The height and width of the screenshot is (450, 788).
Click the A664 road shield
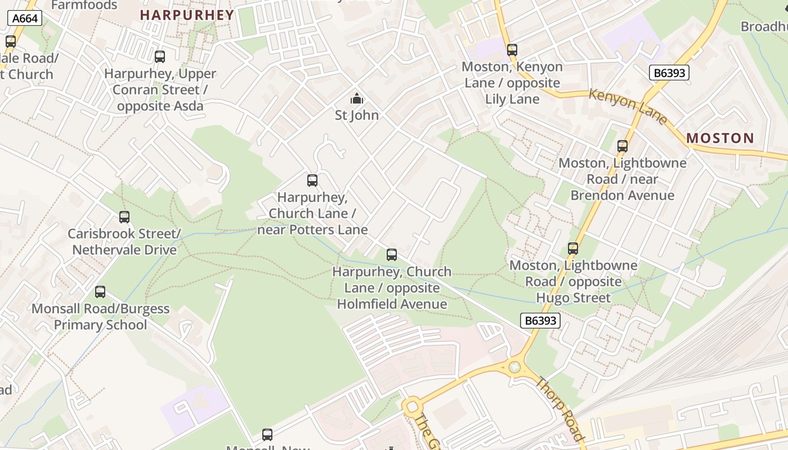click(x=25, y=19)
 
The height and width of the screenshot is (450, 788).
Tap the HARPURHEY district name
click(x=187, y=15)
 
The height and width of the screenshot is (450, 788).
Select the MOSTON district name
click(x=720, y=138)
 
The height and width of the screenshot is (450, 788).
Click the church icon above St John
click(x=356, y=99)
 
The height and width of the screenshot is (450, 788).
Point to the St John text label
click(x=357, y=115)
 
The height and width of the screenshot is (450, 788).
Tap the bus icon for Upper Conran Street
click(x=160, y=56)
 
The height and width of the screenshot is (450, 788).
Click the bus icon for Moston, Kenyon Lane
click(x=512, y=49)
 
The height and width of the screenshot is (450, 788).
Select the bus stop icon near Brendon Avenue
click(x=622, y=146)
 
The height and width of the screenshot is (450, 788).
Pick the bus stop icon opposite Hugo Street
click(x=572, y=248)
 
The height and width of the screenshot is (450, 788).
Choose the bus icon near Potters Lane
click(x=312, y=181)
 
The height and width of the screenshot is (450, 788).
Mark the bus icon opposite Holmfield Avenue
click(x=392, y=255)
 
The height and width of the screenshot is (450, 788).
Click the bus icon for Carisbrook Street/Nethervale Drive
click(x=124, y=217)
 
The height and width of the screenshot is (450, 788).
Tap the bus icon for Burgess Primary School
click(x=100, y=292)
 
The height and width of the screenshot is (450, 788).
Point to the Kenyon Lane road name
click(x=628, y=106)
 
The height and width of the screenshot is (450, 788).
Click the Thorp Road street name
click(x=559, y=408)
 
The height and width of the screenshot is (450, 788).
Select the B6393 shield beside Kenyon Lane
click(x=669, y=73)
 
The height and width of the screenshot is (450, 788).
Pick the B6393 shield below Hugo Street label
click(x=539, y=321)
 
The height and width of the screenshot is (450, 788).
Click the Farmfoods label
click(x=84, y=6)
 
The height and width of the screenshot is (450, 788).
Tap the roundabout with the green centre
click(x=514, y=367)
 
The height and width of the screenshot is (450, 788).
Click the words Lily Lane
click(x=512, y=99)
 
